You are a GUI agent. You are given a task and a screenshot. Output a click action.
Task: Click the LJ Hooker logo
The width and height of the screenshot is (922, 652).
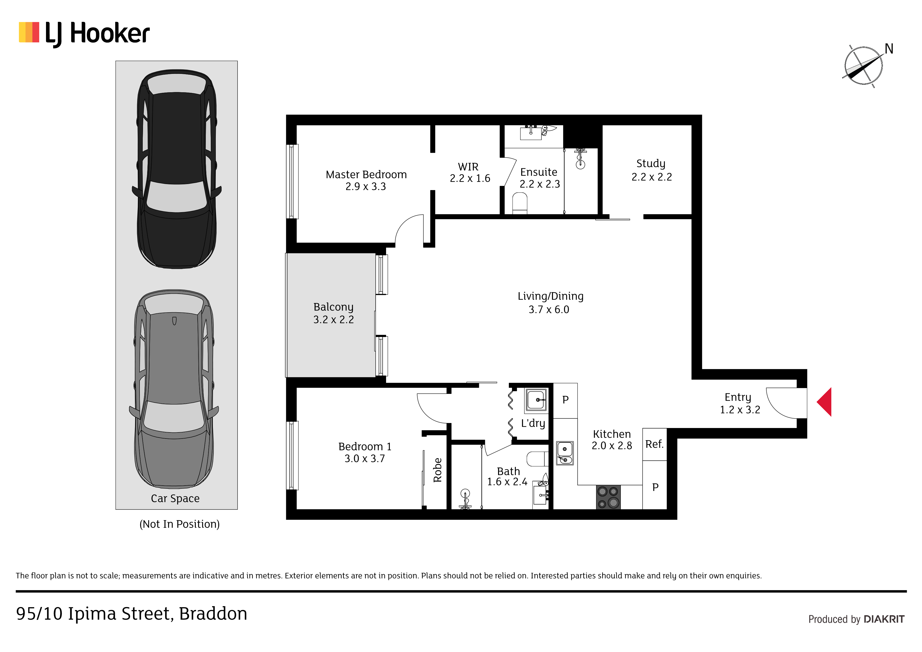(84, 34)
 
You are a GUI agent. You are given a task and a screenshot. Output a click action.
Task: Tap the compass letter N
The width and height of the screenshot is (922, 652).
(889, 49)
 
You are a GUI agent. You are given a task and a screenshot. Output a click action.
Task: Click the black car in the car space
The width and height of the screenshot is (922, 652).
(177, 169)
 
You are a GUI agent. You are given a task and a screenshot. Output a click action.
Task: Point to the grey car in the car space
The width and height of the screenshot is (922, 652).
(174, 389)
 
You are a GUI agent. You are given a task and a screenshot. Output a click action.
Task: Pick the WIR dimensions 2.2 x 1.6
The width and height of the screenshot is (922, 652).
(470, 178)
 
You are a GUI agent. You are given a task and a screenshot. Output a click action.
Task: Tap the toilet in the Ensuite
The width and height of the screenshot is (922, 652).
(520, 203)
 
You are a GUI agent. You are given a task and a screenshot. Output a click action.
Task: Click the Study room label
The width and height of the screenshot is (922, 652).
(651, 164)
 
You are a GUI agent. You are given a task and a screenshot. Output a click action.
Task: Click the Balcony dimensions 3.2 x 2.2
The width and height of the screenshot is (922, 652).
(333, 320)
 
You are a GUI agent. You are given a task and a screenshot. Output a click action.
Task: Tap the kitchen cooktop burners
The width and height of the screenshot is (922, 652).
(608, 497)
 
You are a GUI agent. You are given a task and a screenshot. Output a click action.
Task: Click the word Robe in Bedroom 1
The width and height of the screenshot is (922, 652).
(437, 470)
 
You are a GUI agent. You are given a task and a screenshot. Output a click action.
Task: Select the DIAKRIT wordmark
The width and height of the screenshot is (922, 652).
(884, 619)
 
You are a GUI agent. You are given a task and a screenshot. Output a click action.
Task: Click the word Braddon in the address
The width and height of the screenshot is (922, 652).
(213, 613)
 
